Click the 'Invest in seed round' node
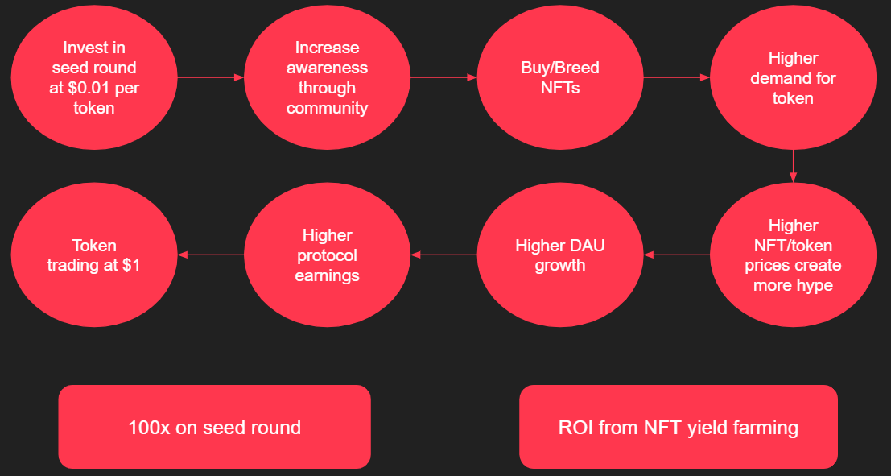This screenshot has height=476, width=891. pos(93,78)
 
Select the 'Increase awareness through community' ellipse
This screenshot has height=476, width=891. pos(327,78)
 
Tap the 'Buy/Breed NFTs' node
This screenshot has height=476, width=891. pos(560,78)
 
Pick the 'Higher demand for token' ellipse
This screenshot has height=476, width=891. pos(793,78)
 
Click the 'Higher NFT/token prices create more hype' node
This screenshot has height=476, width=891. pos(793,255)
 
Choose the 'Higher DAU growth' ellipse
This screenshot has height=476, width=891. pos(560,255)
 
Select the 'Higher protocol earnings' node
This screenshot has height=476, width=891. pos(327,255)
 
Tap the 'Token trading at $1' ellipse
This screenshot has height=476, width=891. pos(93,255)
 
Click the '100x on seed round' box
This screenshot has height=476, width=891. pos(214,427)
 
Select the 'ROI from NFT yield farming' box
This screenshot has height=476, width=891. pos(679,427)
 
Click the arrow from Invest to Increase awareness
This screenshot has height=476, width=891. pos(209,78)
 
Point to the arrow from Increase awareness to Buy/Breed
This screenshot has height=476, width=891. pos(443,78)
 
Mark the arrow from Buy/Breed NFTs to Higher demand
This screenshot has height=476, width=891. pos(676,78)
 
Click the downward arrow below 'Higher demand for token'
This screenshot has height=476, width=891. pos(793,166)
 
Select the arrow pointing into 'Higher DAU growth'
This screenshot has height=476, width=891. pos(676,255)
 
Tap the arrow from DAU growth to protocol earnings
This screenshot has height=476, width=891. pos(443,255)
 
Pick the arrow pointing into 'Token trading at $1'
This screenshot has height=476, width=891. pos(209,255)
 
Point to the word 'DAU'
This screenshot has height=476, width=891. pos(590,245)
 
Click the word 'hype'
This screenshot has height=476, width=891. pos(814,285)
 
